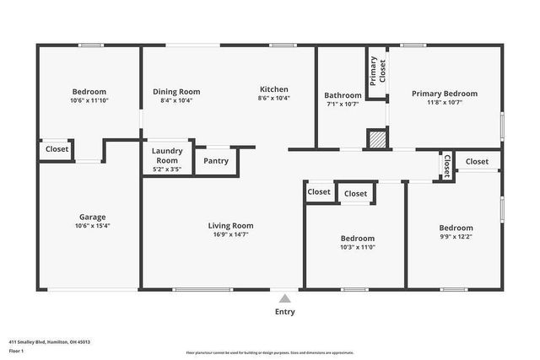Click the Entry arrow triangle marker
[285, 298]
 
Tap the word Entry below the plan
[285, 312]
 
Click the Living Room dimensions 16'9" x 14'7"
[230, 235]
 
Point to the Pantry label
[216, 160]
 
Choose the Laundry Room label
[166, 155]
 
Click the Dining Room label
[175, 91]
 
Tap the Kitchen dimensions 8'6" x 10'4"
[273, 99]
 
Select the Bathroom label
[343, 95]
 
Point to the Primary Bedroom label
[444, 94]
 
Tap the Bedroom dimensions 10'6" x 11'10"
[89, 100]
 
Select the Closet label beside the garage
[57, 149]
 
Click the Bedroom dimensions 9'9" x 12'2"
[456, 238]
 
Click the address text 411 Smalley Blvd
[49, 341]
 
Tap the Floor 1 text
[16, 350]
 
